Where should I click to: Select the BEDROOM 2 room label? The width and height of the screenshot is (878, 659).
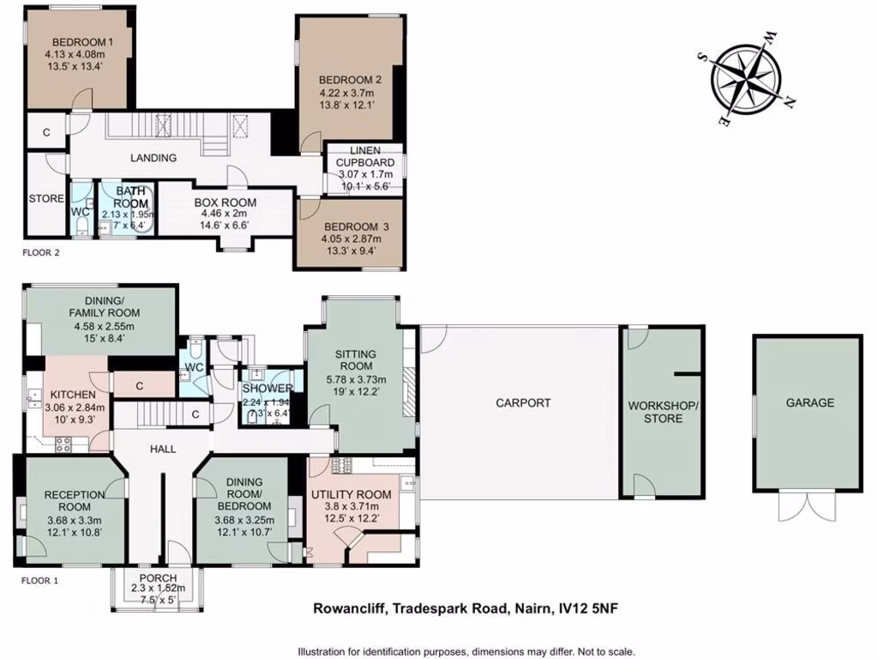click(x=350, y=80)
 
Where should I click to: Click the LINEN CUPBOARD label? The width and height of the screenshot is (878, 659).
click(x=365, y=156)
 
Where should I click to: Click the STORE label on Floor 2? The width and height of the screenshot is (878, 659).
click(x=46, y=198)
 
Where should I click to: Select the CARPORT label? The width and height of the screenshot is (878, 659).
click(x=523, y=402)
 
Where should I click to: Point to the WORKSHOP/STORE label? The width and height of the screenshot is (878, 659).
click(x=663, y=412)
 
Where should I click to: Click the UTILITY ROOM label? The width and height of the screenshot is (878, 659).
click(x=351, y=494)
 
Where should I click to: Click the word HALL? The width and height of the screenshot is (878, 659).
click(x=158, y=448)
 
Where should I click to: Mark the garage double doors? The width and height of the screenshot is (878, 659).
click(x=806, y=506)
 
